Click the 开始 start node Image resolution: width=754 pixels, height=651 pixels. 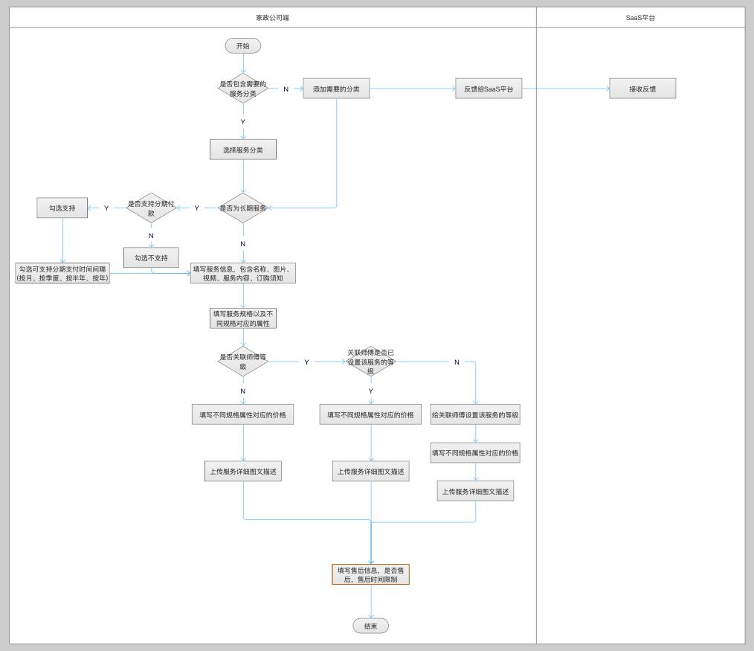point(243,46)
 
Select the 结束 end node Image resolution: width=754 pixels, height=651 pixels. point(370,626)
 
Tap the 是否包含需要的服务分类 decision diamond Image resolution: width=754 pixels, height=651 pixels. point(243,89)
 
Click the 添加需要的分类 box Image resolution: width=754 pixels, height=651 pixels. point(336,89)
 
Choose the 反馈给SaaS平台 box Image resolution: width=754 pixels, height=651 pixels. point(489,89)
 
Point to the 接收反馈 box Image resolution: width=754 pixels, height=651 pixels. point(642,89)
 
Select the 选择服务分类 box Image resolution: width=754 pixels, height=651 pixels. point(243,150)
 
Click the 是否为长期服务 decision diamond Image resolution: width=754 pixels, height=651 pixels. point(243,208)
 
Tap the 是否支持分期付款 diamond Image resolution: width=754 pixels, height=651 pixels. point(151,208)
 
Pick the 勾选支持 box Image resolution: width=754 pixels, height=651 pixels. point(62,208)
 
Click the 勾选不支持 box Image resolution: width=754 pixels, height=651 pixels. point(151,257)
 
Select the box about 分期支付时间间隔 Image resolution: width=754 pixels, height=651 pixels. point(62,273)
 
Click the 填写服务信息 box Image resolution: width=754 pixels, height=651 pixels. point(243,273)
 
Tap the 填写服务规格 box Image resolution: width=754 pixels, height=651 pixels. point(243,318)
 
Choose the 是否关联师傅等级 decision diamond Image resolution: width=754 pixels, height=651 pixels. point(243,362)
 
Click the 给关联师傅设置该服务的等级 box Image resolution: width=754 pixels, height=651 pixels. point(475,415)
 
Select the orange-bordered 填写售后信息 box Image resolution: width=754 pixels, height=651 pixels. point(370,574)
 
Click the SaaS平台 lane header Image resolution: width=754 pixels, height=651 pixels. point(640,17)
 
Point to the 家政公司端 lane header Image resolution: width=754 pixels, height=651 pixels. point(272,17)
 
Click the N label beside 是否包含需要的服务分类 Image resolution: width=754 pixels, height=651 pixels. point(286,89)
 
